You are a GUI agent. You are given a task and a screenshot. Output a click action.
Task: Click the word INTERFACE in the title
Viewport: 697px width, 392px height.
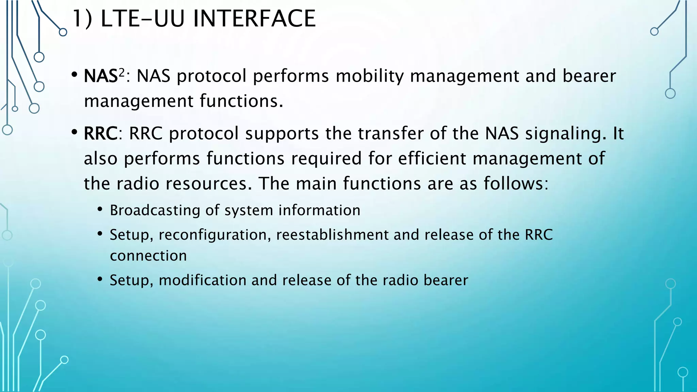(x=254, y=19)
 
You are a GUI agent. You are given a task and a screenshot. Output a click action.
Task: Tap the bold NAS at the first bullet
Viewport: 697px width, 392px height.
(x=101, y=76)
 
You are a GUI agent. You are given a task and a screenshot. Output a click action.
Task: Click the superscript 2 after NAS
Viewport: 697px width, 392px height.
(x=121, y=72)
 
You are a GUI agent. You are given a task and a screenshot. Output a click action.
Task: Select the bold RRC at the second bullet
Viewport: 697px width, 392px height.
(x=101, y=133)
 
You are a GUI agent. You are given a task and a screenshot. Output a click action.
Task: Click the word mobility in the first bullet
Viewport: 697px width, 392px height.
(x=369, y=76)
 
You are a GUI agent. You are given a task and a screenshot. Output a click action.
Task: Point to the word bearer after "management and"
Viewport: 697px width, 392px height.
(x=589, y=76)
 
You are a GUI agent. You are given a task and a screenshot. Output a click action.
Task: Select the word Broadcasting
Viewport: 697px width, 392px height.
(x=155, y=211)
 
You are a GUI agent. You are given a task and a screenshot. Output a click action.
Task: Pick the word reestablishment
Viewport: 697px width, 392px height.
(x=332, y=235)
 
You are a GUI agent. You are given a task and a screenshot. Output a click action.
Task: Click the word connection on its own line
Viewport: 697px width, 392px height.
(x=148, y=256)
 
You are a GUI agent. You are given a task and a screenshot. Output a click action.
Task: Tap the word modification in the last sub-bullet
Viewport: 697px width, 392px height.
(x=202, y=280)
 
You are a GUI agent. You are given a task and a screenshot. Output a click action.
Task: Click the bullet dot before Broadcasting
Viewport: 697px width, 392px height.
(x=100, y=209)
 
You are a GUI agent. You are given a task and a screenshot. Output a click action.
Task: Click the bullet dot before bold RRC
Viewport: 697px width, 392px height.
(x=75, y=132)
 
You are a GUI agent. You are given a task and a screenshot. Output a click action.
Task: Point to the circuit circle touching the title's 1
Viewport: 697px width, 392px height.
(x=63, y=32)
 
